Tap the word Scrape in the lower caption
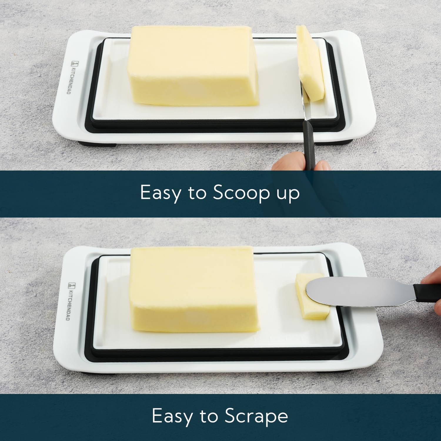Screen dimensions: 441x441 pyautogui.click(x=256, y=416)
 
